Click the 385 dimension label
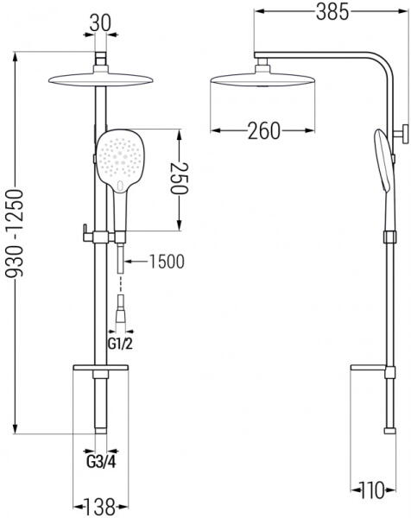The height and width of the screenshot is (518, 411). [332, 12]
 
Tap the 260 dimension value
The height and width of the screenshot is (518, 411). [264, 131]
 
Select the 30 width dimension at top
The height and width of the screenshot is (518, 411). [100, 23]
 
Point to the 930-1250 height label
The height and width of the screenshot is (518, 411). [16, 233]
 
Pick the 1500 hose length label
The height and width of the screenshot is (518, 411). [167, 262]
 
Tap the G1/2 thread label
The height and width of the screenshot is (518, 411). [120, 344]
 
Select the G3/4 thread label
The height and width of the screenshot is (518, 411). [101, 462]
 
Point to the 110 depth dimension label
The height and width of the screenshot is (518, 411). [371, 490]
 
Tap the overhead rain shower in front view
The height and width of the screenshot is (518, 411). [101, 79]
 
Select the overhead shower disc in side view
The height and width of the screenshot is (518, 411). [263, 79]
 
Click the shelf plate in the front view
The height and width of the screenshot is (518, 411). [100, 368]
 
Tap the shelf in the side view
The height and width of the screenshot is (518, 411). [368, 368]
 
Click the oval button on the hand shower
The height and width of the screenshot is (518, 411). [120, 186]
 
